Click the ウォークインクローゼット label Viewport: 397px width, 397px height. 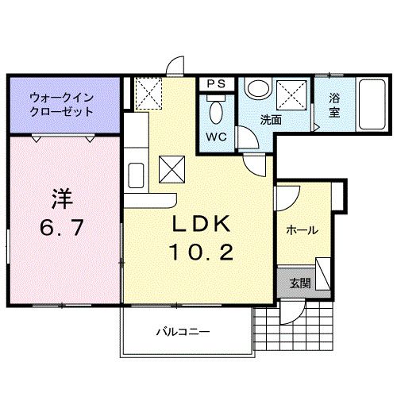tap(61, 105)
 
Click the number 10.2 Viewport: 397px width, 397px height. tap(199, 253)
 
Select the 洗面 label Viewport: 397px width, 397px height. tap(271, 121)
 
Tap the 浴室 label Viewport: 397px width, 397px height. tap(334, 106)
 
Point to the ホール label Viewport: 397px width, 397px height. tap(302, 230)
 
